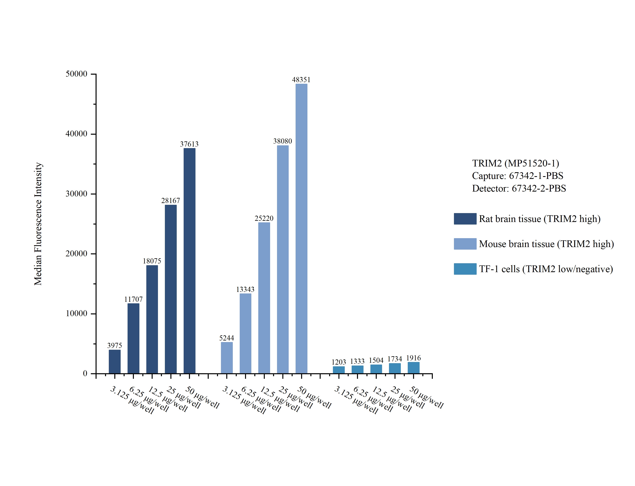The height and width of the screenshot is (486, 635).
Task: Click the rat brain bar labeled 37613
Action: coord(189,260)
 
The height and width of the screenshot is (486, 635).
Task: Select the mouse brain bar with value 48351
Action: coord(301,228)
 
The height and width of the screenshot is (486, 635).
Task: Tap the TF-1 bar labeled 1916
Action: coord(413,368)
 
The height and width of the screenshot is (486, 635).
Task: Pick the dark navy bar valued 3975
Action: coord(115,362)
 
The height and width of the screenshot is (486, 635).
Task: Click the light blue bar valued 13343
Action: coord(245,333)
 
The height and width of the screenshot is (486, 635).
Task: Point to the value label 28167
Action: coord(171,200)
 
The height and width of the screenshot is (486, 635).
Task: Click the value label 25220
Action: coord(264,218)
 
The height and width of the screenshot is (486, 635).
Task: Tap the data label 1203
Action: coord(339,362)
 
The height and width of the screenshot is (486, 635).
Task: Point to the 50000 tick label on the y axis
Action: coord(76,74)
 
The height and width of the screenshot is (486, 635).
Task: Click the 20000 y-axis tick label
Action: coord(76,254)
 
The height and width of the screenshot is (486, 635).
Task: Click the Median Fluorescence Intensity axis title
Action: coord(38,224)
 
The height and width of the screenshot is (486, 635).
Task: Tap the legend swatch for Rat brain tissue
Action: coord(465,219)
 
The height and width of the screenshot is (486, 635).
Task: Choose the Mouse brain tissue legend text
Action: coord(546,244)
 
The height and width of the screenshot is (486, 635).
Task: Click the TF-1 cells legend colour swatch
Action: coord(465,269)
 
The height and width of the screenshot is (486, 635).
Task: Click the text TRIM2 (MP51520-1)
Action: coord(516,164)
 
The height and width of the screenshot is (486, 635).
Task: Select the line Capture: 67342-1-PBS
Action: coord(518,176)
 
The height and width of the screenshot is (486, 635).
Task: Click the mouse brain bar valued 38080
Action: coord(283,259)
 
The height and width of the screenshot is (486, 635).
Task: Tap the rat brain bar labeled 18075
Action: coord(152,319)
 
